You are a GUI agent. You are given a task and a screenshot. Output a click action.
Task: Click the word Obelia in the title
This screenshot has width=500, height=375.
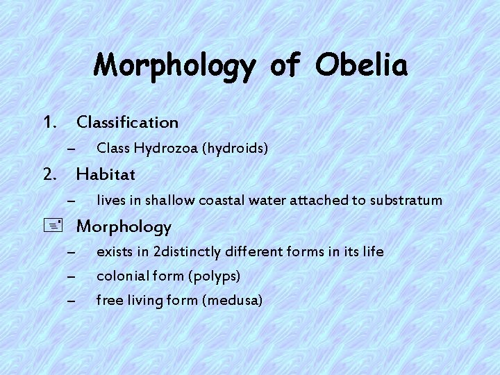tap(360, 65)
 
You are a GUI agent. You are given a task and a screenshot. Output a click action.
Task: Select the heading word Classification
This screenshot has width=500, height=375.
tap(127, 122)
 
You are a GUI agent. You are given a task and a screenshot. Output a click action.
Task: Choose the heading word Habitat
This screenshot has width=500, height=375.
tap(106, 172)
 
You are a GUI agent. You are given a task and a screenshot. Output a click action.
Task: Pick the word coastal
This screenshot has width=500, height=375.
tap(221, 201)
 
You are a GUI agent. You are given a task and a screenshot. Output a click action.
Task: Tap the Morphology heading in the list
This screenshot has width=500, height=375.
tap(124, 226)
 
